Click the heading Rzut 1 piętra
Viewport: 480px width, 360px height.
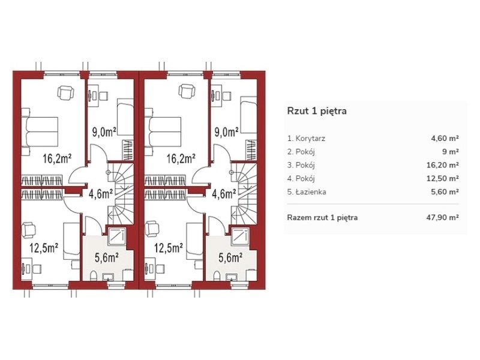[x=317, y=111]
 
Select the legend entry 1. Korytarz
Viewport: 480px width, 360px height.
[x=306, y=139]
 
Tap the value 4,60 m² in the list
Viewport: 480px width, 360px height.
[x=445, y=139]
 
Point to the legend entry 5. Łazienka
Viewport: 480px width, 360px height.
[x=307, y=192]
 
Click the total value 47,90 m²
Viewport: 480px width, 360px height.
[x=443, y=218]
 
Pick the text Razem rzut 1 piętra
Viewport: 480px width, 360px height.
[x=322, y=218]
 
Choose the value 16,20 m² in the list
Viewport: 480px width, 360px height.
[x=443, y=166]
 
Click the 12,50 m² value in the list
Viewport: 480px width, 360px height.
[x=443, y=178]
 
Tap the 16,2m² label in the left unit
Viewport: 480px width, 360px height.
[x=57, y=158]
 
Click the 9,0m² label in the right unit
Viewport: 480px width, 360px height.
[x=227, y=132]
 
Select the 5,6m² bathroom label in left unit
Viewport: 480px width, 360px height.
[x=107, y=258]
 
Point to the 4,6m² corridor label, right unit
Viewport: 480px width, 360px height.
[x=224, y=194]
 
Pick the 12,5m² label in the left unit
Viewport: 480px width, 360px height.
[x=44, y=248]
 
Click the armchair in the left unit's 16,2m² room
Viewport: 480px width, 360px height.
[x=66, y=92]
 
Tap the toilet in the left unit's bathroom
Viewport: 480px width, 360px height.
[x=94, y=275]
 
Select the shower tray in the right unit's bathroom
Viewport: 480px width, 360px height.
[x=241, y=236]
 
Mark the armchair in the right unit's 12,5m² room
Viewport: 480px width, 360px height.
[x=152, y=229]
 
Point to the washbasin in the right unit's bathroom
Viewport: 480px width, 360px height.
[x=231, y=277]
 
